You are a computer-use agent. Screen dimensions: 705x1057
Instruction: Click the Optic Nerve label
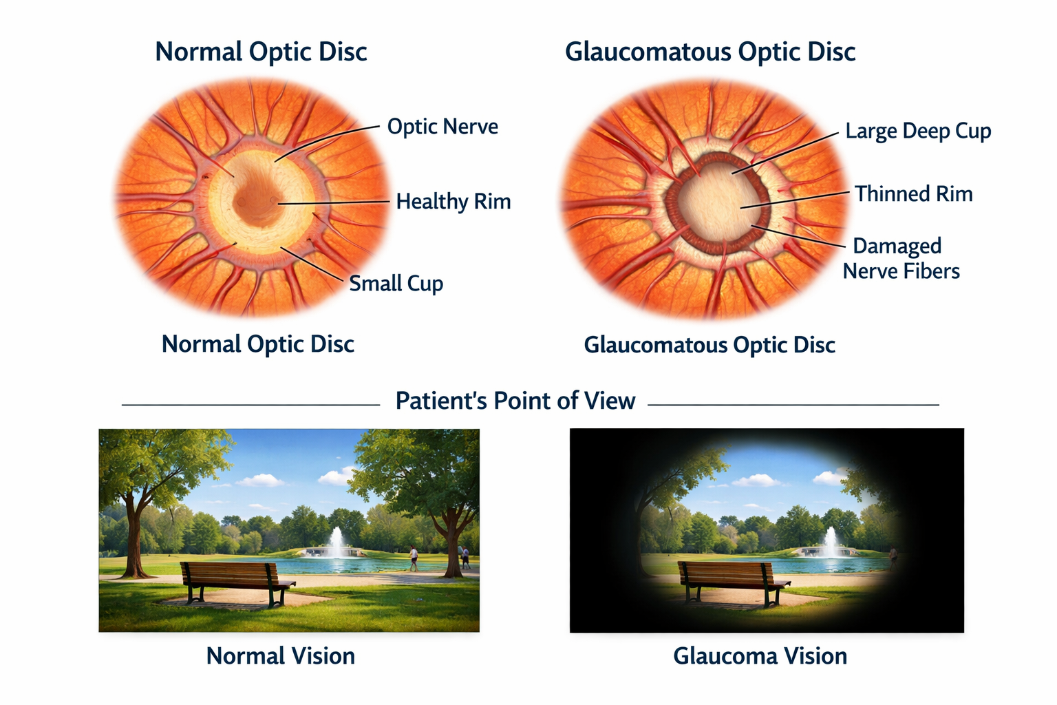click(442, 127)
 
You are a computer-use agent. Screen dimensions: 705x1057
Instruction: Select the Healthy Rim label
click(453, 202)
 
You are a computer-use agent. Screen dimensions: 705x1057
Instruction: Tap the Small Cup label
click(396, 284)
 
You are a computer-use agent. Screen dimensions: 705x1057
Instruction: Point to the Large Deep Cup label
click(918, 131)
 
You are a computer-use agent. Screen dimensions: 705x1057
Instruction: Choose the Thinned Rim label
click(913, 194)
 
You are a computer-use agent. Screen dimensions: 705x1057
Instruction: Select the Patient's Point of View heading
click(515, 401)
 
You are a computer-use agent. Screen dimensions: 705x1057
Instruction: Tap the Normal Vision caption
click(281, 656)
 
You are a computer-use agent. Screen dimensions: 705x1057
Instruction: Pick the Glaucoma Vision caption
click(760, 656)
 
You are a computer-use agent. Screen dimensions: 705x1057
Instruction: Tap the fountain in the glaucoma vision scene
click(831, 543)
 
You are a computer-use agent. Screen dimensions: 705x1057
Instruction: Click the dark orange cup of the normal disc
click(256, 201)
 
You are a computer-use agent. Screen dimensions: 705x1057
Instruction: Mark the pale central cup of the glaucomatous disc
click(716, 200)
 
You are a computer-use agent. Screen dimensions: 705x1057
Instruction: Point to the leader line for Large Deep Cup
click(784, 152)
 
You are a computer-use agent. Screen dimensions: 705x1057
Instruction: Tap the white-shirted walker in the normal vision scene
click(414, 558)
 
